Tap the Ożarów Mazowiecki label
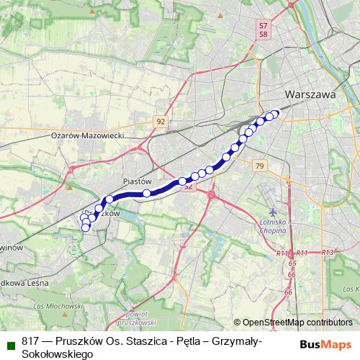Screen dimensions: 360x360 click(x=88, y=135)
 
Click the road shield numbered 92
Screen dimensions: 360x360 click(x=160, y=122)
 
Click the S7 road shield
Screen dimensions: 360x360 click(x=263, y=25)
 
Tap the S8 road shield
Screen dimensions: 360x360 click(x=263, y=33)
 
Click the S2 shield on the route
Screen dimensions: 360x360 click(x=189, y=186)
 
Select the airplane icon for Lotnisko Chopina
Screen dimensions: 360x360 click(x=273, y=212)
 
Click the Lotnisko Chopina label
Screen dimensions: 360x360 click(x=273, y=227)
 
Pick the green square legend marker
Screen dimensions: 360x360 click(x=8, y=343)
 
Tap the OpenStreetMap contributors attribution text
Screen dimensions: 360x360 click(x=292, y=323)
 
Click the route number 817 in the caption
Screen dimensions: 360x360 click(x=31, y=342)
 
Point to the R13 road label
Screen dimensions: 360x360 click(x=328, y=253)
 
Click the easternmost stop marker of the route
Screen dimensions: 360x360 click(x=274, y=114)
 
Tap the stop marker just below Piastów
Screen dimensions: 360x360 click(x=147, y=193)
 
